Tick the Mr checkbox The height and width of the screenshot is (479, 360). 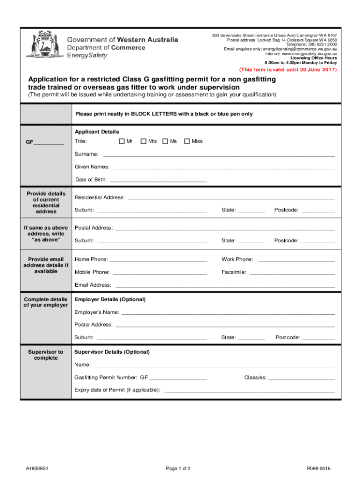click(x=122, y=141)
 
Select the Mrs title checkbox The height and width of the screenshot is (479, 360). click(x=143, y=141)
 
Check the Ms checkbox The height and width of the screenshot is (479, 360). click(x=165, y=141)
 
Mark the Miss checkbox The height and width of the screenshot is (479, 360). click(x=187, y=141)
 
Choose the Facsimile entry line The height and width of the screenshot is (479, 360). click(x=292, y=272)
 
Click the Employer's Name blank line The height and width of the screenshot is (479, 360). click(x=228, y=312)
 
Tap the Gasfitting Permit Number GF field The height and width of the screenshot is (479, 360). click(x=178, y=377)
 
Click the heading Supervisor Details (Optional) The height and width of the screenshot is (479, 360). click(x=112, y=352)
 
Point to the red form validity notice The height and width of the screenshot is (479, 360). click(x=288, y=70)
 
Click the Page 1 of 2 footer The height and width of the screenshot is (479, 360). click(x=178, y=469)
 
